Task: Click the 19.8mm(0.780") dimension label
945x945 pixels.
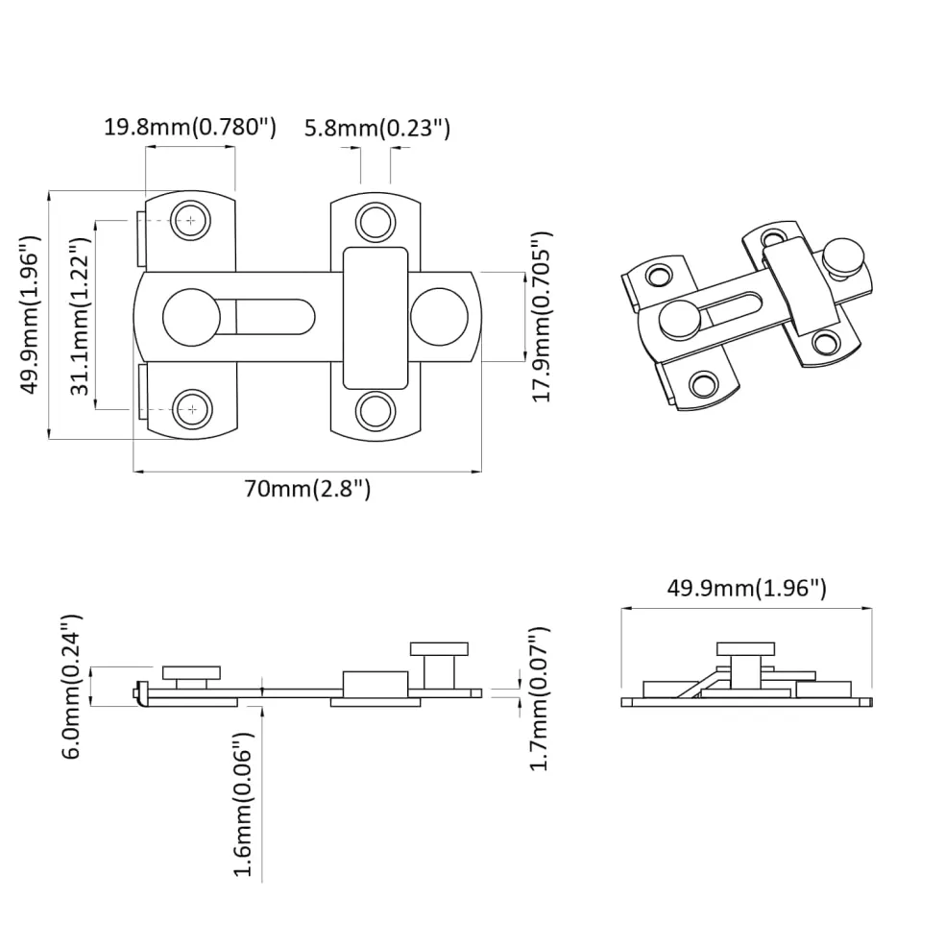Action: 190,128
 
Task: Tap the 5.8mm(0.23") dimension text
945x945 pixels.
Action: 377,129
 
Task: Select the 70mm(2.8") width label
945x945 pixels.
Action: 307,488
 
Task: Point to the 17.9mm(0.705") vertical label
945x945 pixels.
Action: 542,317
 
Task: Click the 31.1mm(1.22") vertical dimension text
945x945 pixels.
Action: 80,316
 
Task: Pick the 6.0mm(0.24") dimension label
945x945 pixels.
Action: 71,687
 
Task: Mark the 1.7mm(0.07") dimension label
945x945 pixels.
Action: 539,699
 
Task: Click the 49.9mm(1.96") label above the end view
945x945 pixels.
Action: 747,588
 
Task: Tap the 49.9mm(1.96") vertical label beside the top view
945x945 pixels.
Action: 30,315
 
